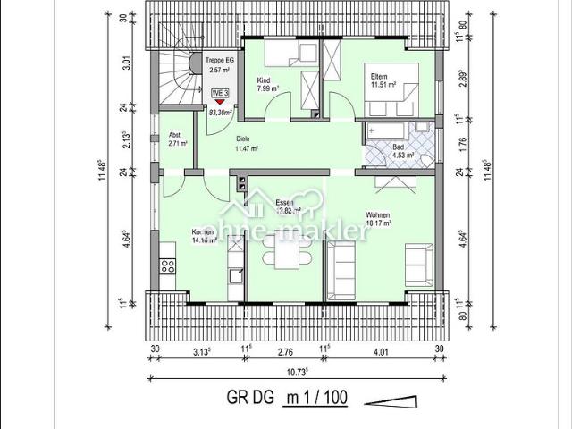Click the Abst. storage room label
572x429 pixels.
click(x=175, y=139)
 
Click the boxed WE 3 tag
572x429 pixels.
click(x=220, y=93)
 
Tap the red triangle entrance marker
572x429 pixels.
click(x=220, y=104)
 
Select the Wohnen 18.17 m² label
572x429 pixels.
click(x=379, y=219)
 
